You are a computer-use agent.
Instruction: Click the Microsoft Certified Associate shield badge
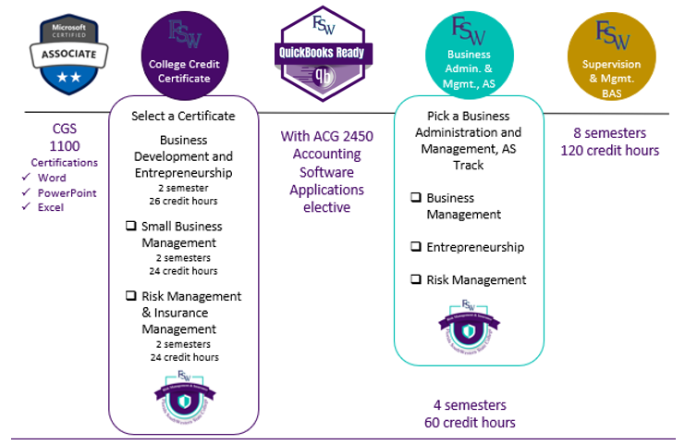point(63,53)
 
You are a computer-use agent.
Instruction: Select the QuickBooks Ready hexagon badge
point(325,53)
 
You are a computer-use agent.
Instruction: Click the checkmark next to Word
point(28,178)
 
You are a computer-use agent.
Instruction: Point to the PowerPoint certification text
point(67,192)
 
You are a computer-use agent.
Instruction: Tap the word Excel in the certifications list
point(52,207)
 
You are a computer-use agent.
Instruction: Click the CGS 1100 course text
point(65,138)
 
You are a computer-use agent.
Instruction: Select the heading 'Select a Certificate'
point(183,116)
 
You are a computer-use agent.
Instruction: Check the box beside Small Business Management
point(130,227)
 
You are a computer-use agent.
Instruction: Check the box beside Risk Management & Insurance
point(130,297)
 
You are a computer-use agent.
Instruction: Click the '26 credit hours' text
point(183,199)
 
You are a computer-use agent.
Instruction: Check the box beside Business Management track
point(416,198)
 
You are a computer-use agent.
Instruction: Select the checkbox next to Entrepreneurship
point(416,247)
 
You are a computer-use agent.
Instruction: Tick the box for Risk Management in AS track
point(416,279)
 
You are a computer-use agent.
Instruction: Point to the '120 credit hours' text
point(611,151)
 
